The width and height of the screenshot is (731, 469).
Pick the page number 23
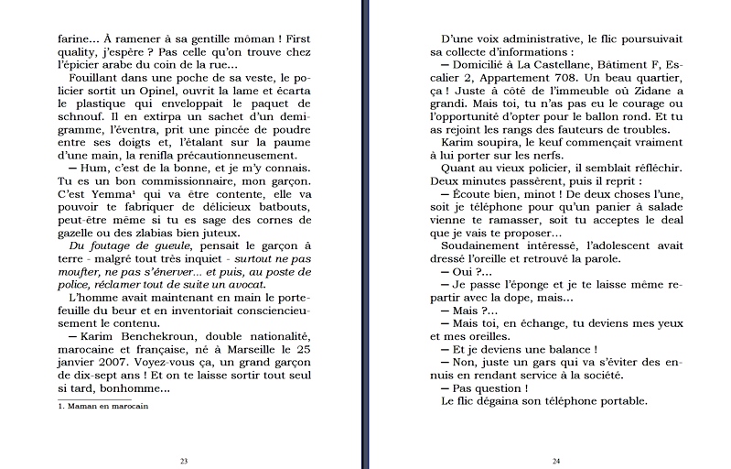(x=184, y=460)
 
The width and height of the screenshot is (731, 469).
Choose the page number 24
(x=555, y=460)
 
